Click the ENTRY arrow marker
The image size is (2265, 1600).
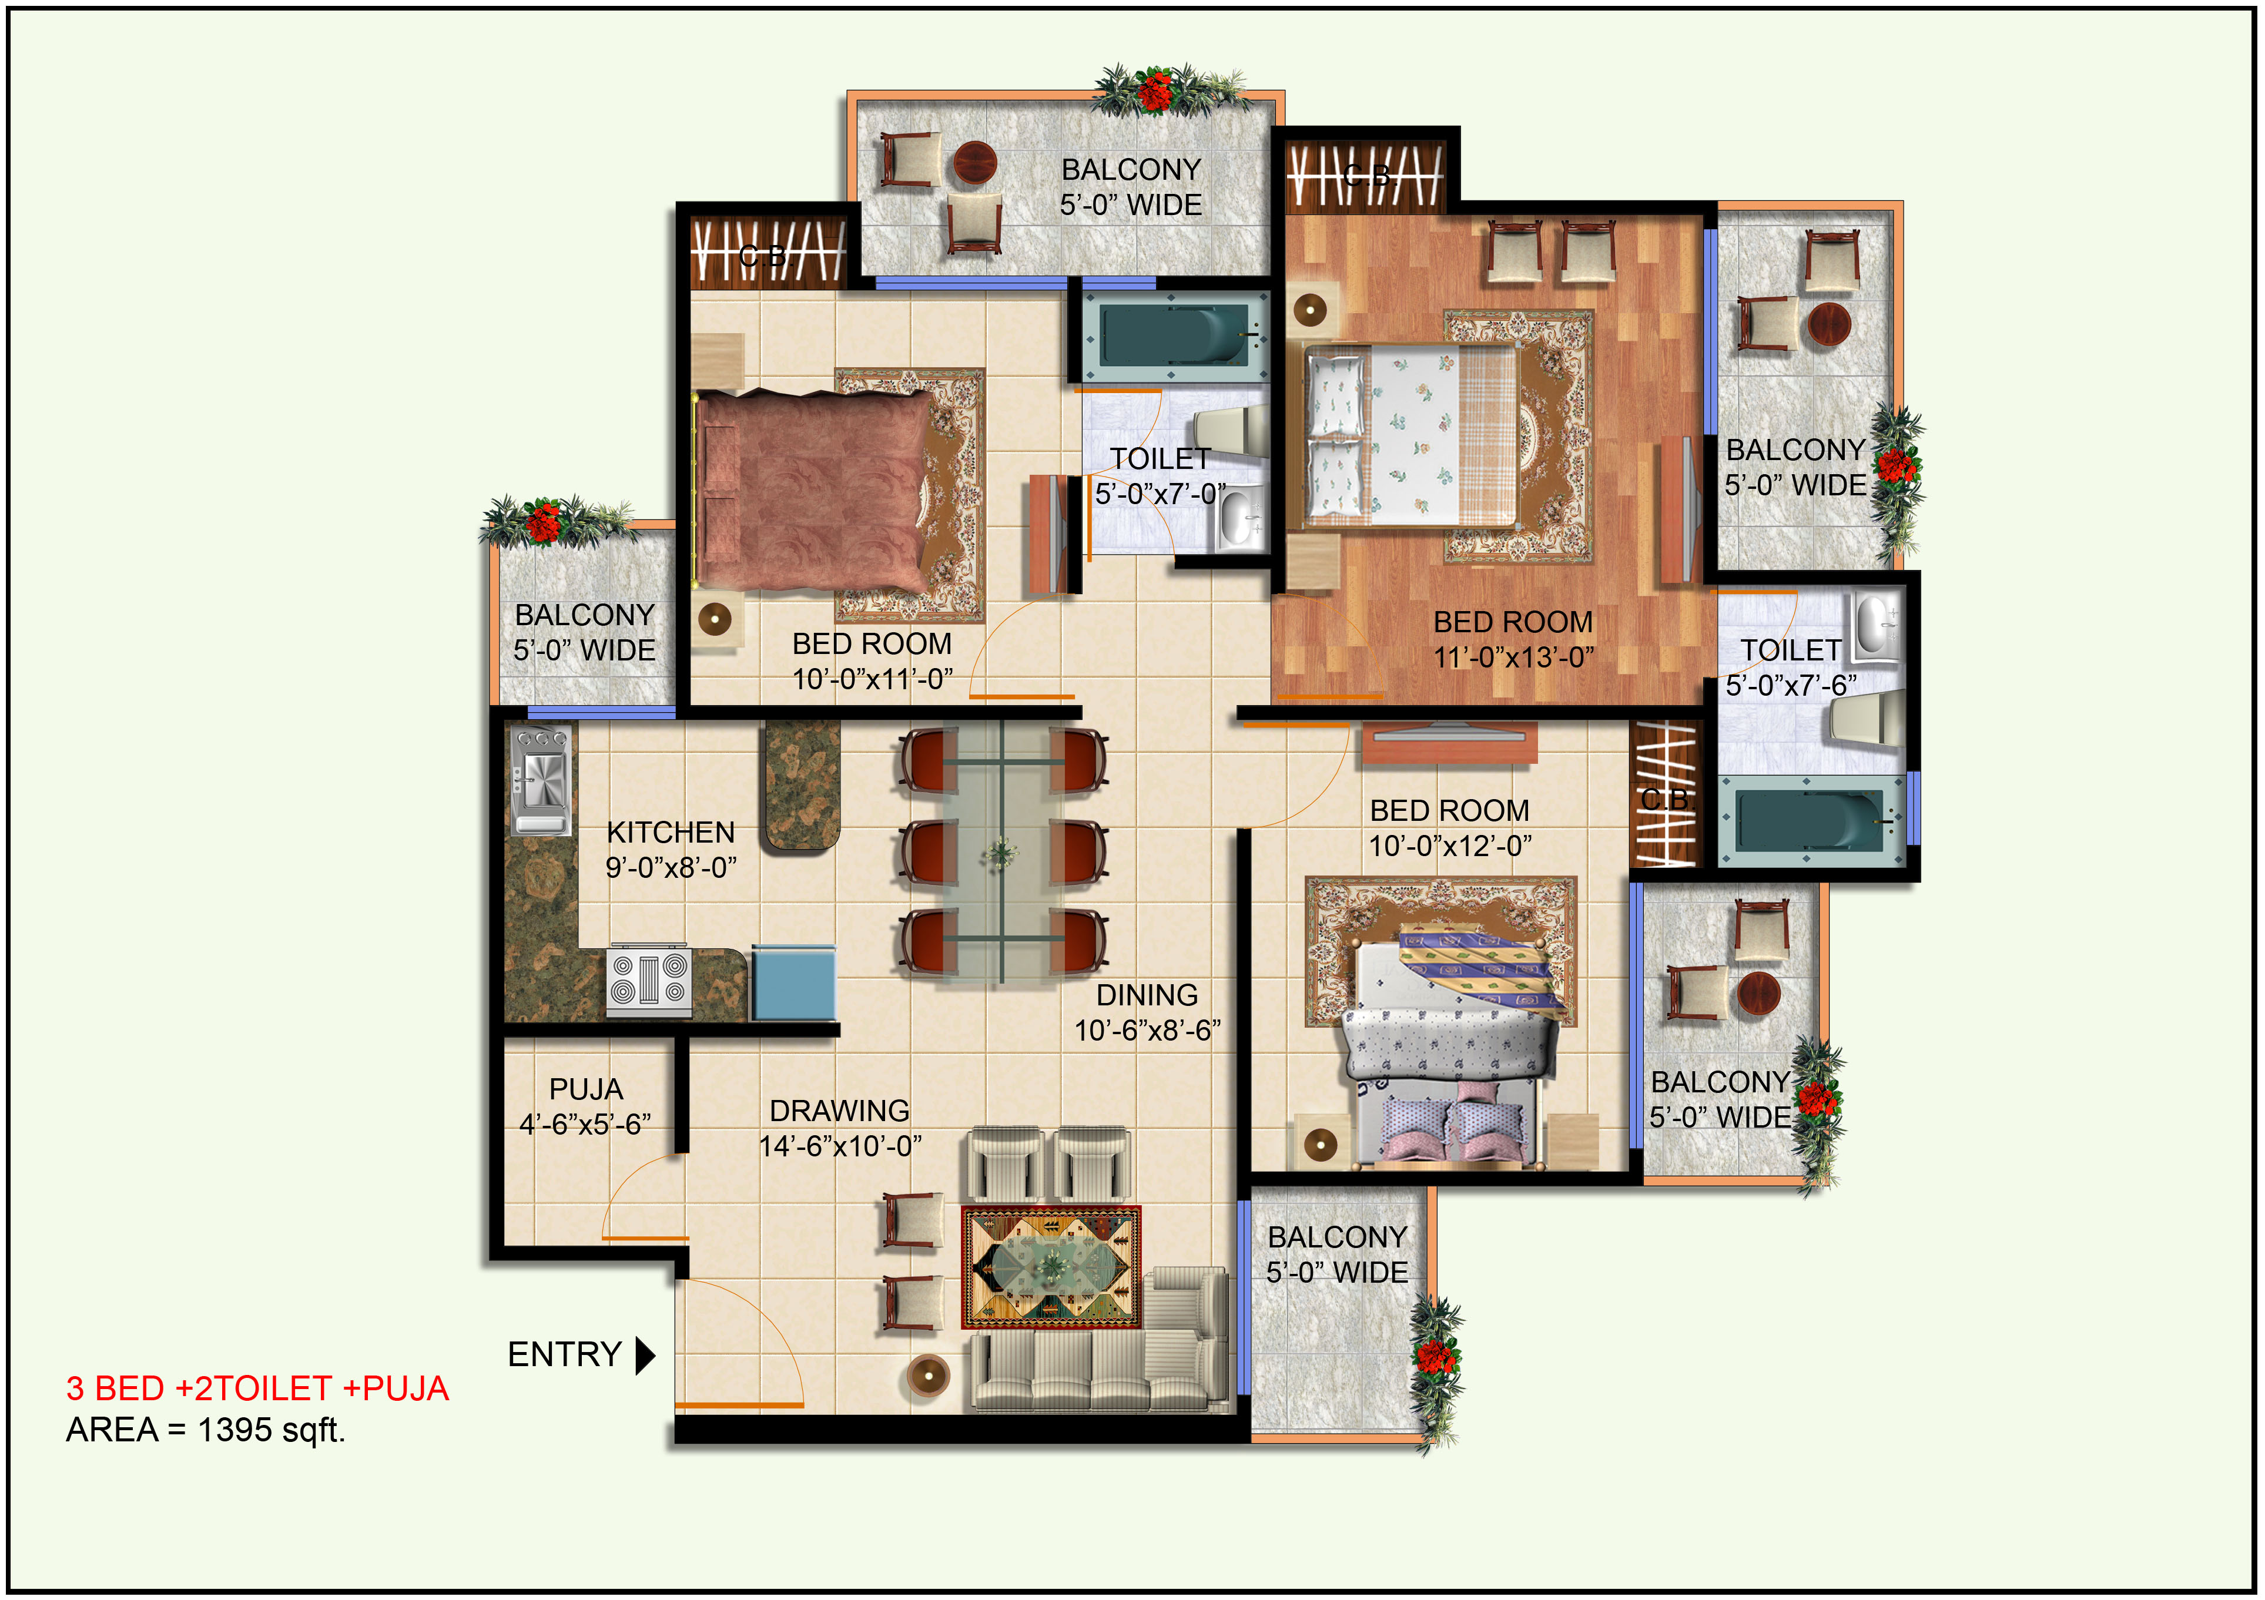[x=645, y=1356]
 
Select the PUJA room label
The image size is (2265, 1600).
[x=586, y=1089]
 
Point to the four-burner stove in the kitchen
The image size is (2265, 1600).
[x=648, y=981]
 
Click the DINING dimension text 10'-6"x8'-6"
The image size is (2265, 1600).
[x=1147, y=1031]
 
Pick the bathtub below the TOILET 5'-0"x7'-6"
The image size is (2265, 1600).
[x=1811, y=821]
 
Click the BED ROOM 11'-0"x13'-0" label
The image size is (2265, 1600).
[x=1513, y=639]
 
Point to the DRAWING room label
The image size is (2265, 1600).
[x=839, y=1111]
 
